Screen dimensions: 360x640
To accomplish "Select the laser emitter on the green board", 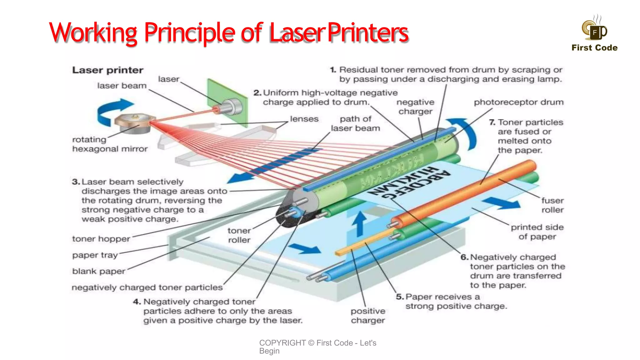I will click(x=230, y=106).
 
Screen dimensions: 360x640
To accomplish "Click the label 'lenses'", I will click(x=304, y=119).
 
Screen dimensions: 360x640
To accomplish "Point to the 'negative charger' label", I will click(x=415, y=107).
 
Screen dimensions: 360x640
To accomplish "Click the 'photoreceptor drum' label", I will click(x=518, y=102).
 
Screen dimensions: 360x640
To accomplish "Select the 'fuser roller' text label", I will click(x=552, y=205).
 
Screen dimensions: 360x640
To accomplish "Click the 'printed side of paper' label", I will click(x=537, y=232).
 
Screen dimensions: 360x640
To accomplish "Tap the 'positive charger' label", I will click(x=368, y=316).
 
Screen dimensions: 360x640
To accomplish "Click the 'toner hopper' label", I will click(x=101, y=239).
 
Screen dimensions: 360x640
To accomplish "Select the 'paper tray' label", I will click(x=95, y=255).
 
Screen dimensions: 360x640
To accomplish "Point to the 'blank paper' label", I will click(x=99, y=271).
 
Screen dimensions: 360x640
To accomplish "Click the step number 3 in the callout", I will click(x=76, y=182).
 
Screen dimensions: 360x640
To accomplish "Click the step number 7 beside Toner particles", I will click(x=492, y=122).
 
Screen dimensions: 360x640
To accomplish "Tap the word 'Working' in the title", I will click(x=93, y=32).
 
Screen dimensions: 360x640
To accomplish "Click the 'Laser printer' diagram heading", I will click(x=108, y=70).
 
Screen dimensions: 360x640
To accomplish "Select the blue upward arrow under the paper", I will click(x=360, y=223).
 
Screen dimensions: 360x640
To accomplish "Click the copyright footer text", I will click(x=317, y=347).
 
